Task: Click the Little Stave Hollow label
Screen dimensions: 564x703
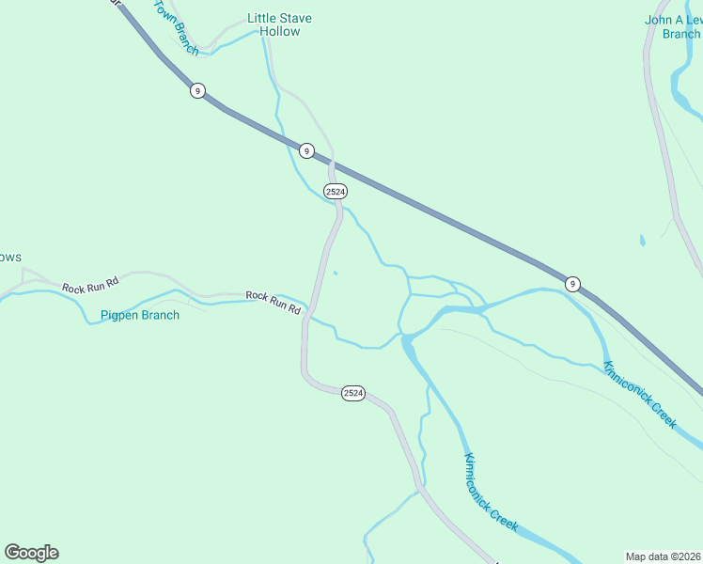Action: pyautogui.click(x=279, y=24)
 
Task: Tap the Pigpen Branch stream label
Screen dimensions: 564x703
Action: pyautogui.click(x=140, y=315)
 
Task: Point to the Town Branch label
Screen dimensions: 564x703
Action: pyautogui.click(x=176, y=27)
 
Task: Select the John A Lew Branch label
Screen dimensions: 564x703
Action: pyautogui.click(x=673, y=26)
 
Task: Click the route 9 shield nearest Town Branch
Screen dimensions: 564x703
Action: pyautogui.click(x=196, y=90)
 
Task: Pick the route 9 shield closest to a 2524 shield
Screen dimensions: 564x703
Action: pyautogui.click(x=305, y=150)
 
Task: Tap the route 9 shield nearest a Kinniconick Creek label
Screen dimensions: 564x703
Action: pyautogui.click(x=571, y=283)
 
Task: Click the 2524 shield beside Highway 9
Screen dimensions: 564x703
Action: pyautogui.click(x=335, y=191)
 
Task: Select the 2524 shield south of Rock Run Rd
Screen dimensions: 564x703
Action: pyautogui.click(x=352, y=393)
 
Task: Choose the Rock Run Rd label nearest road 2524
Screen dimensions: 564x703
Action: pyautogui.click(x=273, y=302)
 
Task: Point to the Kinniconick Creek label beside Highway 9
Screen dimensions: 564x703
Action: pyautogui.click(x=639, y=395)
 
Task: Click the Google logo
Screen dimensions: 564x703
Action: pyautogui.click(x=31, y=553)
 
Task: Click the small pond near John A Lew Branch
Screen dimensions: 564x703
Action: pyautogui.click(x=643, y=241)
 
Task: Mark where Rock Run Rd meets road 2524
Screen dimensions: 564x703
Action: pyautogui.click(x=308, y=315)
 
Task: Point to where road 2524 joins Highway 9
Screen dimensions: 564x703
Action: pyautogui.click(x=331, y=162)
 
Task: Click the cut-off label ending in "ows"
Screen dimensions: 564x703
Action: pyautogui.click(x=10, y=258)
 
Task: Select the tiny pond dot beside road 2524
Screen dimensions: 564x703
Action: pyautogui.click(x=336, y=274)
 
